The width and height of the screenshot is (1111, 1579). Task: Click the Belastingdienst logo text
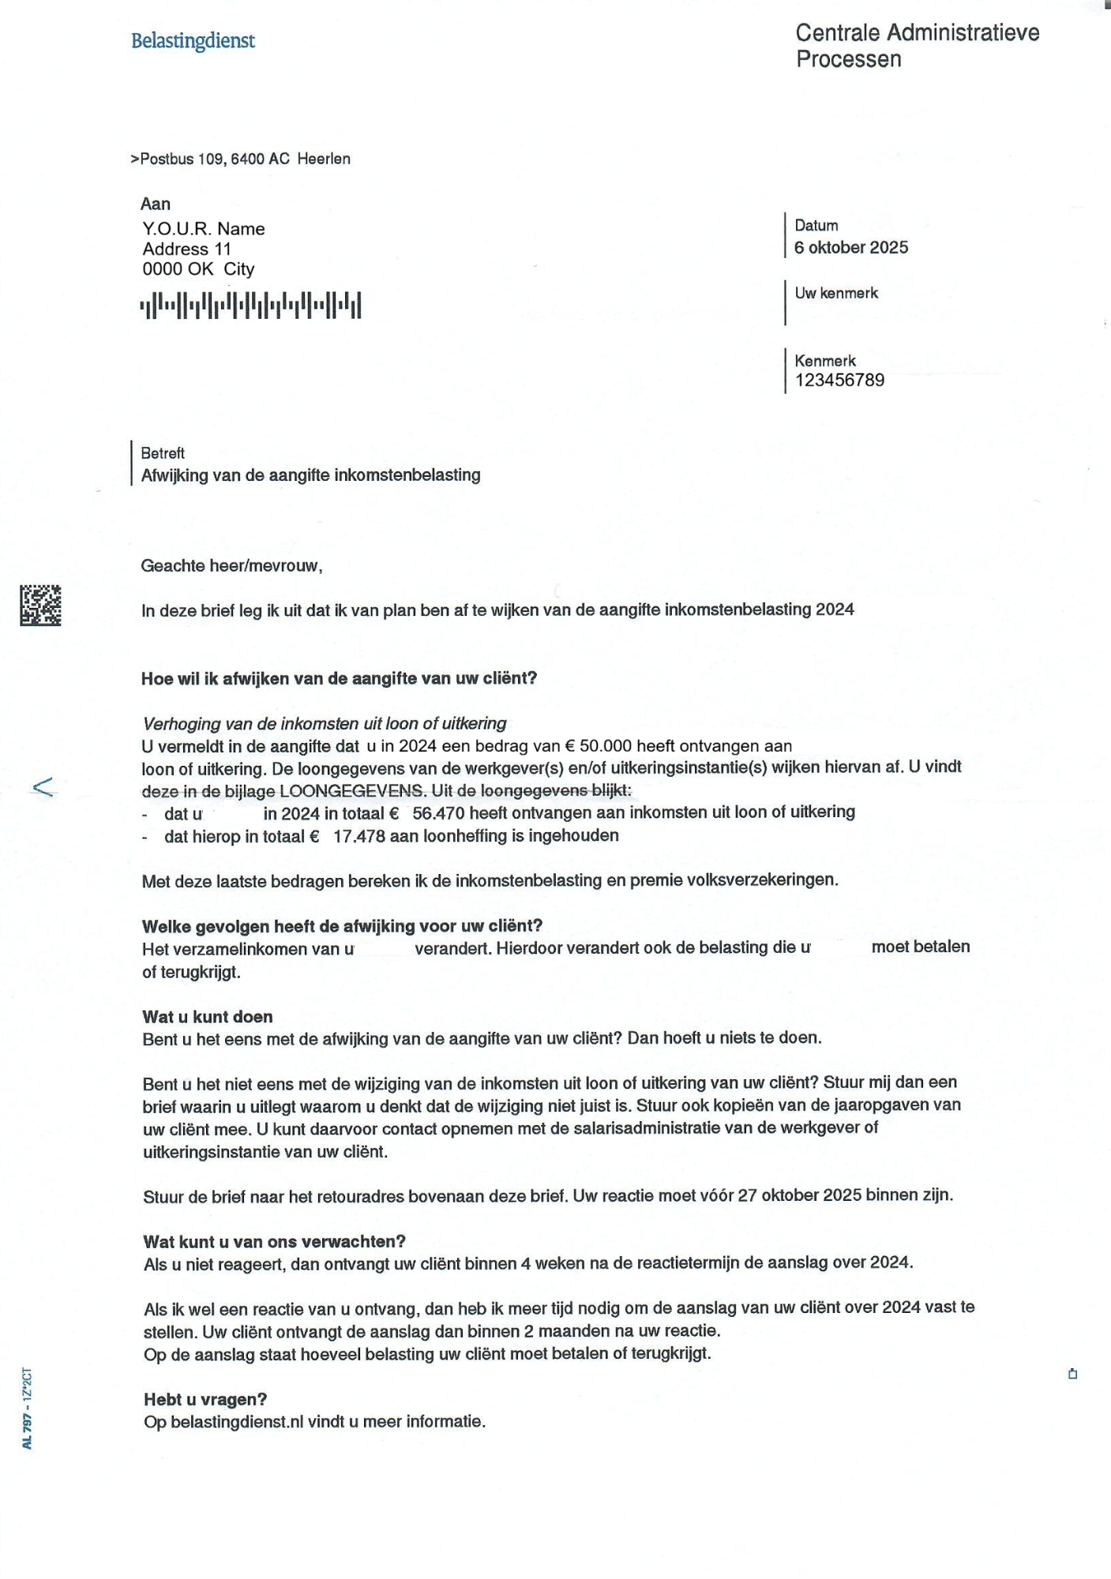[193, 40]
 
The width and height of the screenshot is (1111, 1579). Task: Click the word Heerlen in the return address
[324, 159]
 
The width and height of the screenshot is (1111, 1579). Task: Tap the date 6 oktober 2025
[851, 247]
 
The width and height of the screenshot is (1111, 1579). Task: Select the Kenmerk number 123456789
[839, 380]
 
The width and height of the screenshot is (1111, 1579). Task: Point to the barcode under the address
[250, 305]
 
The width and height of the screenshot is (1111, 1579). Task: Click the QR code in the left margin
[40, 606]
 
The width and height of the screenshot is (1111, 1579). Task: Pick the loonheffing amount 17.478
[359, 836]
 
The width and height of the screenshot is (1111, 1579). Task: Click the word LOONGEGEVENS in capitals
[351, 791]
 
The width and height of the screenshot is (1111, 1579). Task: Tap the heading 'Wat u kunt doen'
[208, 1017]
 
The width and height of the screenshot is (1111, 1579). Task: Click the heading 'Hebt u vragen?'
[205, 1400]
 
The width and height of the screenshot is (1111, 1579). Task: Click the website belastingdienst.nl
[237, 1422]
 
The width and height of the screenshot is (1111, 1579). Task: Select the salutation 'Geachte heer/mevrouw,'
[231, 565]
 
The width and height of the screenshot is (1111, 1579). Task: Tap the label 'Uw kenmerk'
[836, 293]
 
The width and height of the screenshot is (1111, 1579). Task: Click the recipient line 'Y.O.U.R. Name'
[204, 229]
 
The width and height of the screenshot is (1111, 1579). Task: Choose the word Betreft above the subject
[163, 453]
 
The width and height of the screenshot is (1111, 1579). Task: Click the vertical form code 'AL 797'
[27, 1430]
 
